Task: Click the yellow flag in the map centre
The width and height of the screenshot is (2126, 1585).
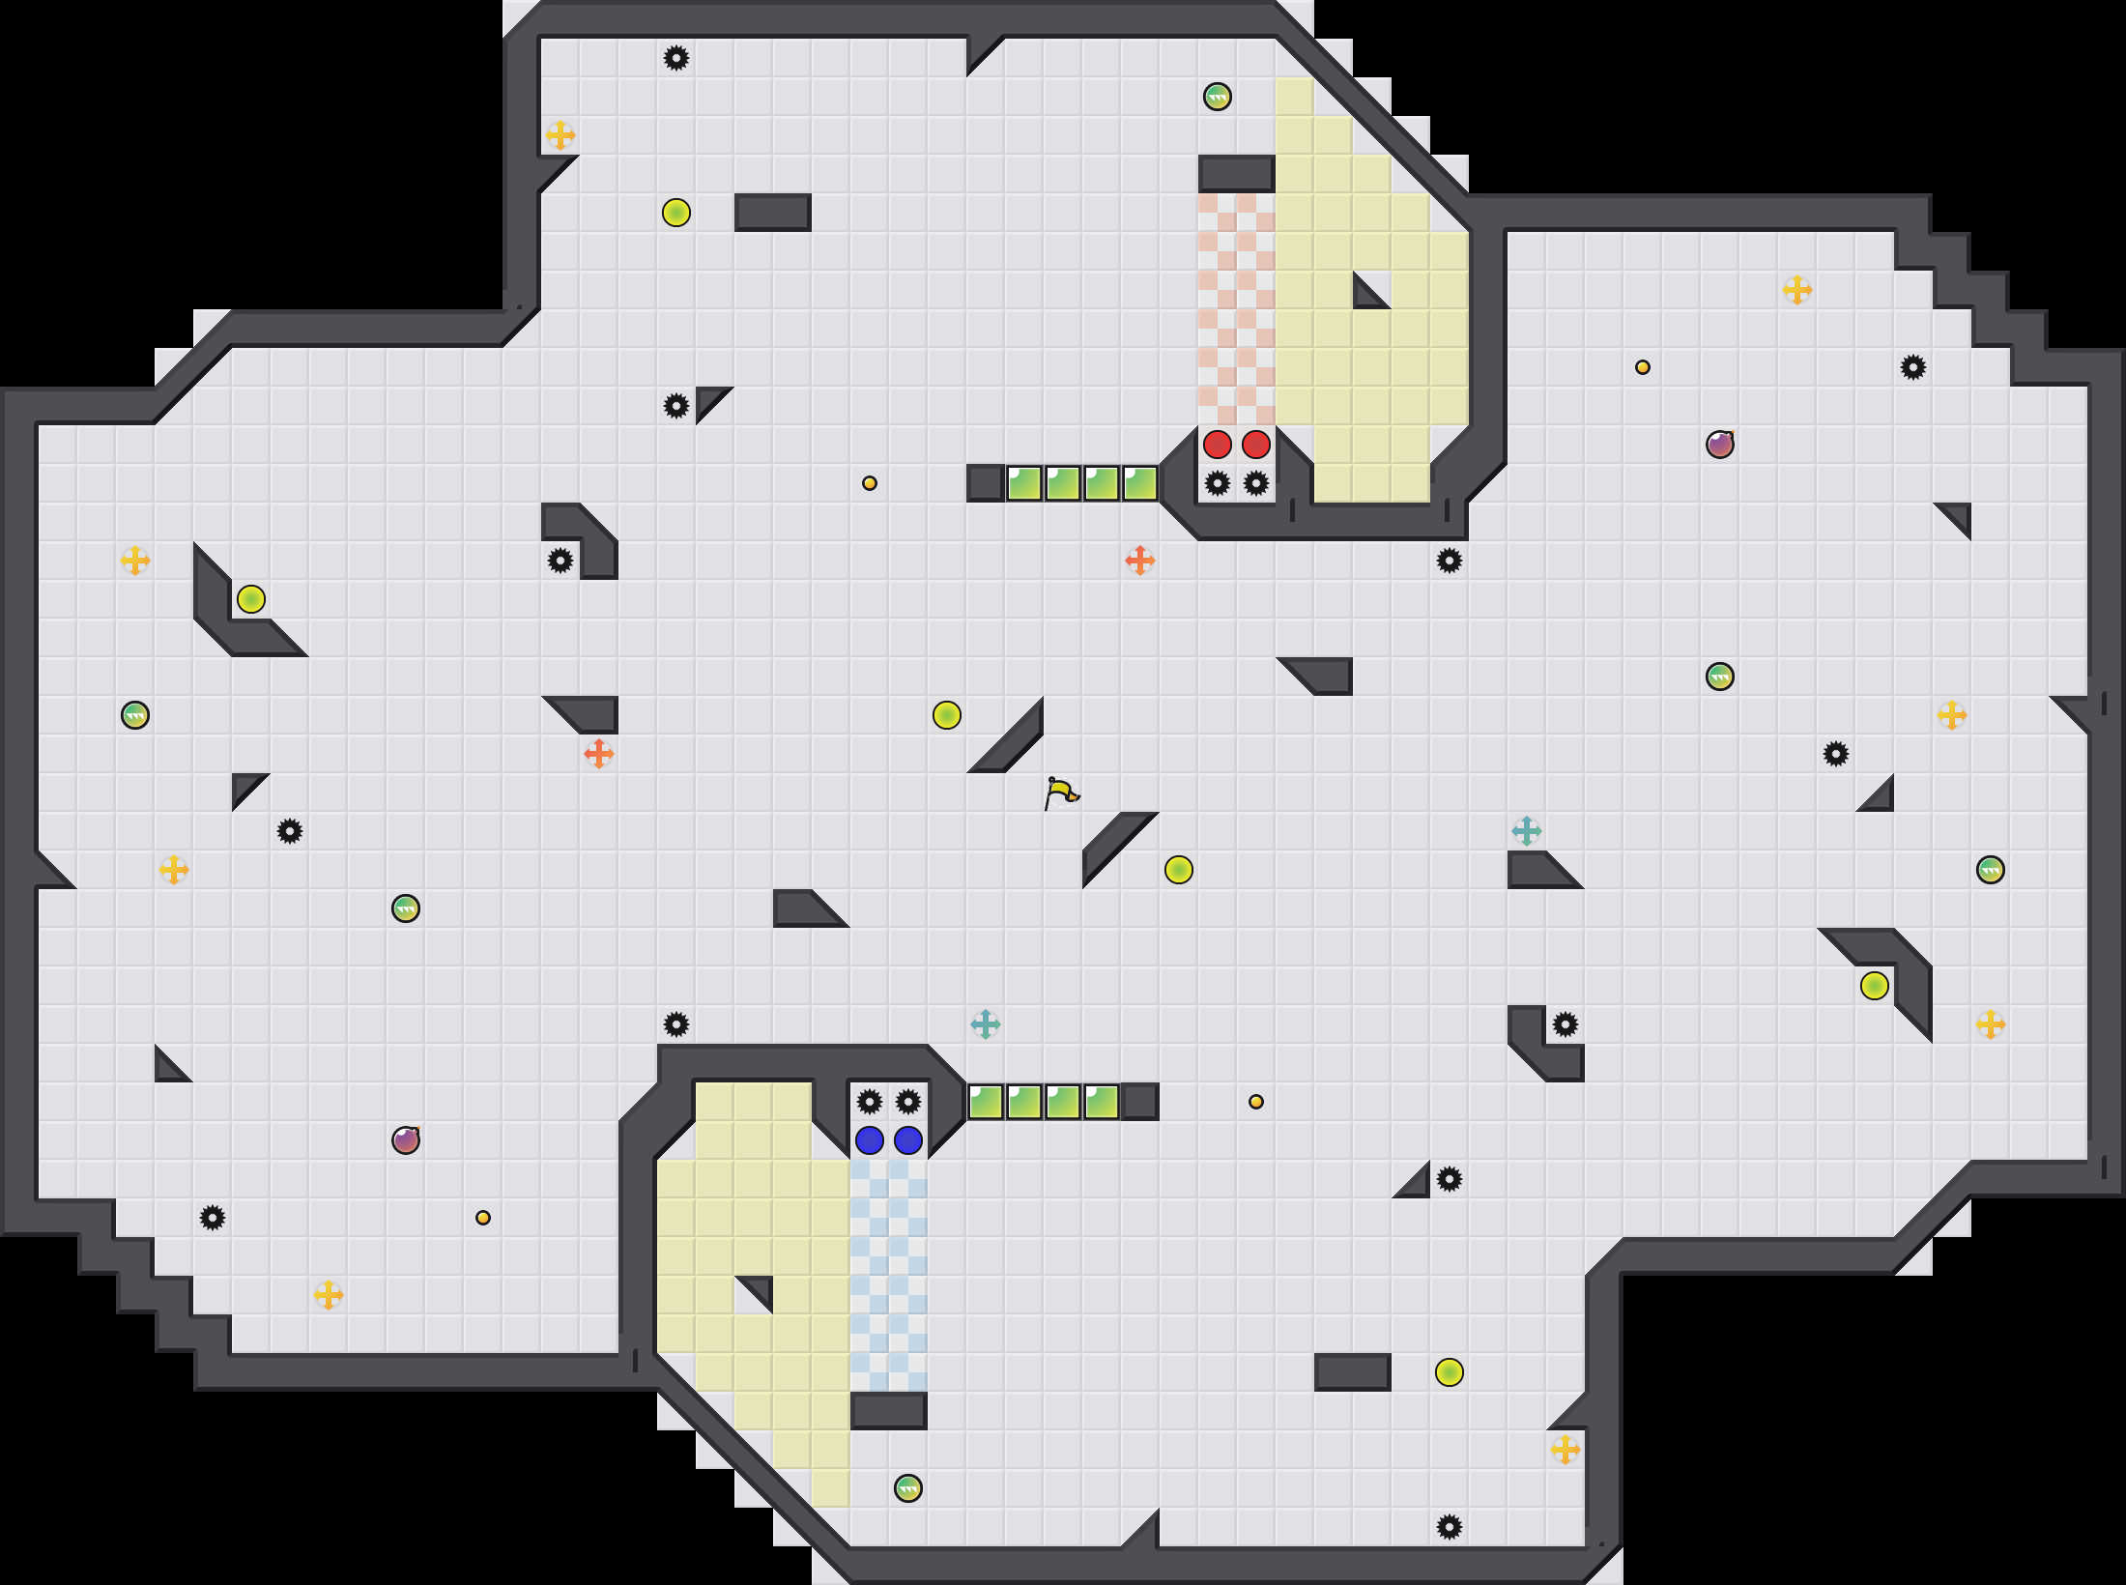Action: tap(1061, 792)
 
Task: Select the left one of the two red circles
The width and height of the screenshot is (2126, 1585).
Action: tap(1218, 445)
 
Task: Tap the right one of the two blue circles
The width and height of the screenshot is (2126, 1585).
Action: tap(908, 1140)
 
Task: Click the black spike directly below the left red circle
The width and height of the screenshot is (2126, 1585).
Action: tap(1218, 483)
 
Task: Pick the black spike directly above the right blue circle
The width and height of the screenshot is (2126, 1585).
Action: tap(908, 1102)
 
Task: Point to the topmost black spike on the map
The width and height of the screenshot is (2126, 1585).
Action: tap(676, 58)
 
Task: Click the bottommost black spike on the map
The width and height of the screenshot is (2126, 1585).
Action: tap(1450, 1527)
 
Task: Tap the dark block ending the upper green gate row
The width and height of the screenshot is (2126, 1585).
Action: tap(986, 483)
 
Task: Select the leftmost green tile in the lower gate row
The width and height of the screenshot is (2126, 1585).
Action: tap(986, 1102)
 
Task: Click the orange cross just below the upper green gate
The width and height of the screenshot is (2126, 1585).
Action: tap(1140, 561)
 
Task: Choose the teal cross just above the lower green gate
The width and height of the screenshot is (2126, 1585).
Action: tap(986, 1024)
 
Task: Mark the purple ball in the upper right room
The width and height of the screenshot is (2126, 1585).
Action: tap(1720, 445)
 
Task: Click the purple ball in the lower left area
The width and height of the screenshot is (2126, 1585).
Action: tap(406, 1140)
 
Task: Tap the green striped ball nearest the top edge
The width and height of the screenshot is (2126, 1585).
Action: tap(1218, 97)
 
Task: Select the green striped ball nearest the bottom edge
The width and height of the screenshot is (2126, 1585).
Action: tap(908, 1488)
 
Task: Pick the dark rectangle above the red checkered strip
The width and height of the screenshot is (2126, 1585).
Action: tap(1237, 174)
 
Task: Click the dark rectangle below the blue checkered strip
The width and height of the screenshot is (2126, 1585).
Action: tap(889, 1411)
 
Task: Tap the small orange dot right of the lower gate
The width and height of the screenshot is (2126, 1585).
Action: tap(1256, 1102)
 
